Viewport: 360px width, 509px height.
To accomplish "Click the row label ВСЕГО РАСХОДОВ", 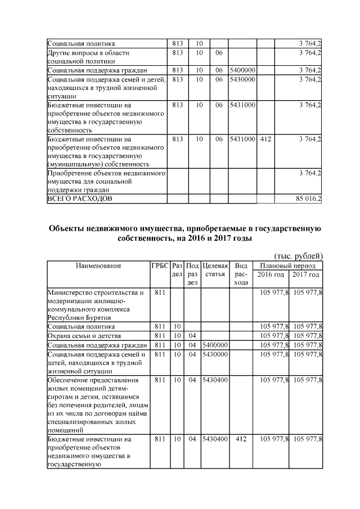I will click(x=80, y=199).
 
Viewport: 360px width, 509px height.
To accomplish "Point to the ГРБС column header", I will click(x=159, y=265).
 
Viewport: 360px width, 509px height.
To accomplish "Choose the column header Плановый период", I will click(x=287, y=265).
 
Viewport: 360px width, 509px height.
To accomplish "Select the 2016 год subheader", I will click(x=271, y=274).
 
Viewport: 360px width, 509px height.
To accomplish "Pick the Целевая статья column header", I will click(x=214, y=269).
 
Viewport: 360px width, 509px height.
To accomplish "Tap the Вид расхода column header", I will click(x=241, y=274).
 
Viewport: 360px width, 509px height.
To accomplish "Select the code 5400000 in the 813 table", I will click(x=242, y=70).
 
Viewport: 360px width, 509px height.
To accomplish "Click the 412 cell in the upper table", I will click(x=265, y=138).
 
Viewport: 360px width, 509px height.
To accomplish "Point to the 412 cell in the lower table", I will click(x=241, y=438).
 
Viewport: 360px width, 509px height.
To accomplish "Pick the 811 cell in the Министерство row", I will click(x=159, y=292).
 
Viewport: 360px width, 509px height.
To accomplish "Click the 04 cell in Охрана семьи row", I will click(x=192, y=335).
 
